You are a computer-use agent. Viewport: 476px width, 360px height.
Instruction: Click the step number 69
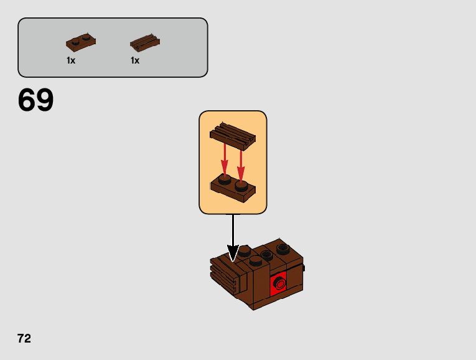pyautogui.click(x=36, y=100)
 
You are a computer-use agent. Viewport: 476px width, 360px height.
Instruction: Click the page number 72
pyautogui.click(x=24, y=339)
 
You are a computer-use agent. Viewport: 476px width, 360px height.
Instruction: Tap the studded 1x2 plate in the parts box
pyautogui.click(x=80, y=43)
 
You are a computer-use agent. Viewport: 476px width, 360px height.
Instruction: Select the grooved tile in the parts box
pyautogui.click(x=145, y=43)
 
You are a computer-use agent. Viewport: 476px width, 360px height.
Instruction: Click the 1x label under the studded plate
pyautogui.click(x=71, y=61)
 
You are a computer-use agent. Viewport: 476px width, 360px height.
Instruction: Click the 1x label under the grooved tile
pyautogui.click(x=135, y=61)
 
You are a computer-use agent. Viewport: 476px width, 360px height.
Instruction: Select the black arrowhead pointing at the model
pyautogui.click(x=233, y=253)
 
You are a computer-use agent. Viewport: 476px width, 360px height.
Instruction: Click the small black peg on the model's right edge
pyautogui.click(x=304, y=268)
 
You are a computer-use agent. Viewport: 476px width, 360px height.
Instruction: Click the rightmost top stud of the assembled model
pyautogui.click(x=283, y=248)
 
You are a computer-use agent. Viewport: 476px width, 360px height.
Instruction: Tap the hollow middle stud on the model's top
pyautogui.click(x=268, y=254)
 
